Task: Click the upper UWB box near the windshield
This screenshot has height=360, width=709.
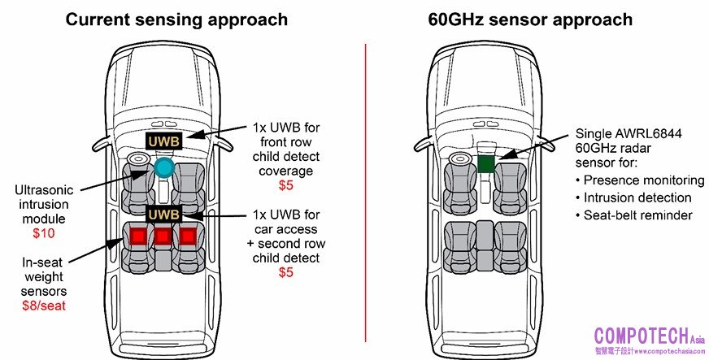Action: tap(163, 141)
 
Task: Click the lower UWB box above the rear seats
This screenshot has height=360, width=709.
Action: tap(163, 214)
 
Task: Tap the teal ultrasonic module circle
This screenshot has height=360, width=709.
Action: tap(164, 168)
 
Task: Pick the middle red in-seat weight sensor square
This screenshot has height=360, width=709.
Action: tap(163, 236)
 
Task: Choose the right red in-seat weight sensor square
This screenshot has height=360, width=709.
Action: tap(189, 236)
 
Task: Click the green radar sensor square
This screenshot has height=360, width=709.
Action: tap(487, 163)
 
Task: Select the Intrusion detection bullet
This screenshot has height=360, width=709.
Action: tap(637, 197)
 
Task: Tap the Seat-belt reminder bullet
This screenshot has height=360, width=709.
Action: tap(637, 215)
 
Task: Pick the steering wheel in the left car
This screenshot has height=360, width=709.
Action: tap(136, 158)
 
